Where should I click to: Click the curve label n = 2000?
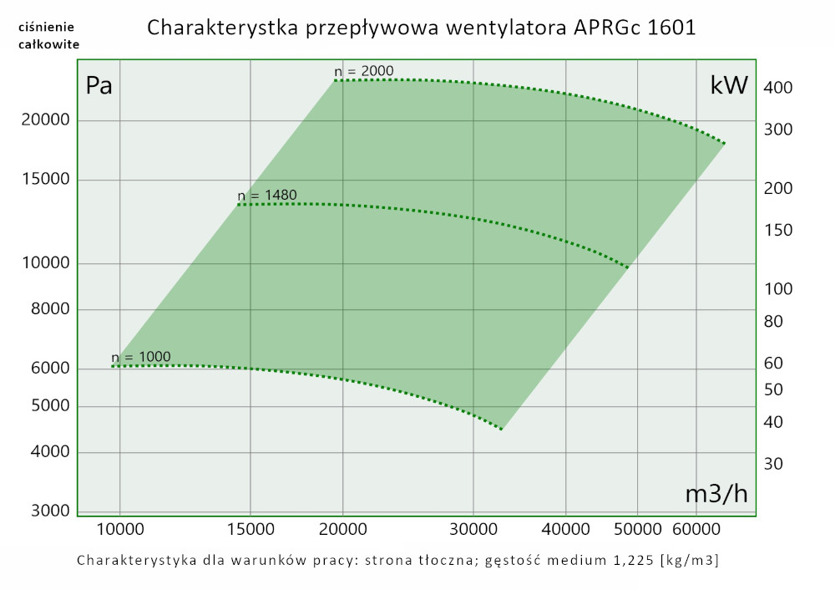[x=363, y=71]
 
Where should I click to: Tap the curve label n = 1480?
[x=267, y=196]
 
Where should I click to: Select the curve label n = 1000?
[x=140, y=357]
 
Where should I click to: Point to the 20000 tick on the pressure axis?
[x=45, y=120]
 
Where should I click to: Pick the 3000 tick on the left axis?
[x=50, y=511]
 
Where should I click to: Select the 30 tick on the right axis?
[x=773, y=464]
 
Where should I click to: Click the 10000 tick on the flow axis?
[x=119, y=529]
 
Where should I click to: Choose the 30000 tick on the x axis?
[x=473, y=529]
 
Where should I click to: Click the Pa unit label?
[x=99, y=86]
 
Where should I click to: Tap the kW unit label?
[x=729, y=86]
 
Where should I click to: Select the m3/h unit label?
[x=716, y=494]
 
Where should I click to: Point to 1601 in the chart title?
[x=670, y=28]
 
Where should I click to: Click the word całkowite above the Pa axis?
[x=49, y=44]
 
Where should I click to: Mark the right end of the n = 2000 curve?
[x=724, y=144]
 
